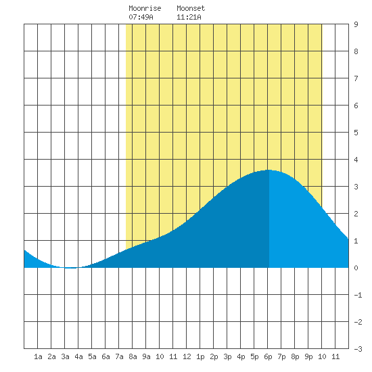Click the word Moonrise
145,8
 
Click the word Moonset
191,8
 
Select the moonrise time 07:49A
141,17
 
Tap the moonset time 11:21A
189,17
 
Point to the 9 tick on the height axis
356,24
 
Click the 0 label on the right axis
356,268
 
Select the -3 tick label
358,349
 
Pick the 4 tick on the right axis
356,160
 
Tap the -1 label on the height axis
358,295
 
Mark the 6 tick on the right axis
356,106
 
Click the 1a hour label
38,356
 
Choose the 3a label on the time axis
65,356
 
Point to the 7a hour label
119,356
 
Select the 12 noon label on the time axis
187,356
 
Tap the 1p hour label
200,356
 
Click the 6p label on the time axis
268,356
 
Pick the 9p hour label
308,356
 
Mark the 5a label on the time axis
92,356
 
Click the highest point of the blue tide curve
269,170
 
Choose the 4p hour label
241,356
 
